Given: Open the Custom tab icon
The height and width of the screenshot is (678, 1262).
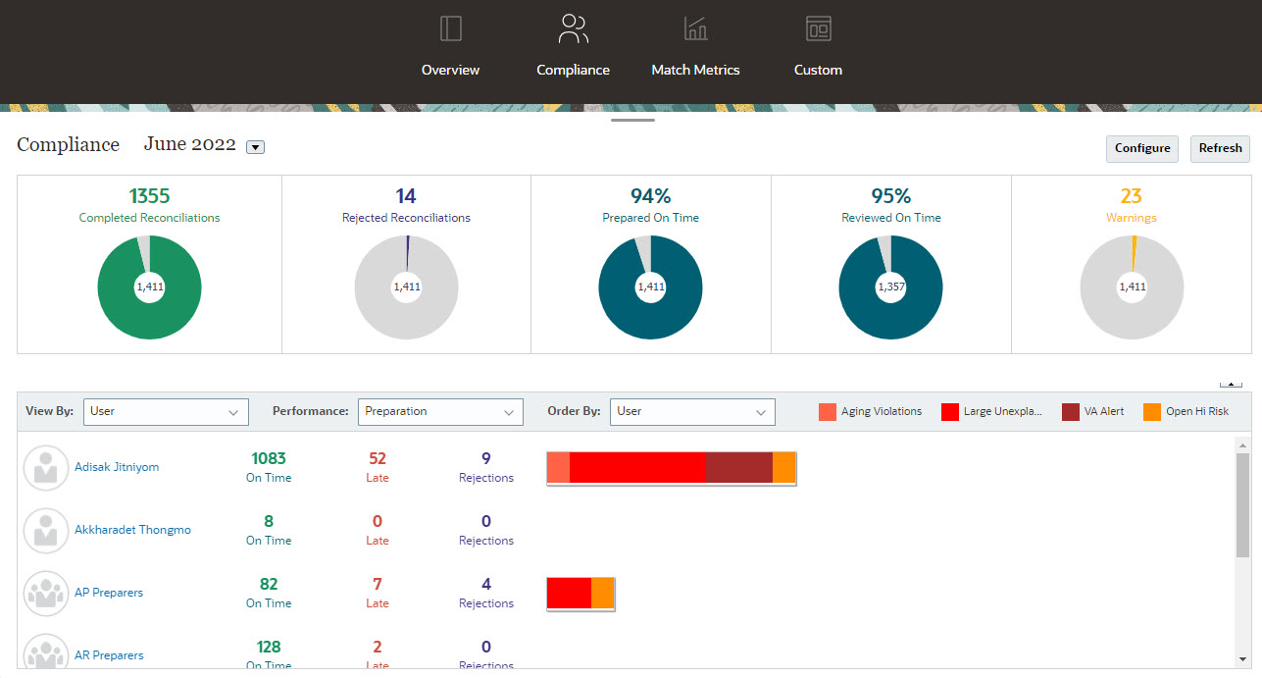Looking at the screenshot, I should click(x=818, y=29).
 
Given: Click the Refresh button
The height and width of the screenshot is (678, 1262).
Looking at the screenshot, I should click(x=1220, y=148).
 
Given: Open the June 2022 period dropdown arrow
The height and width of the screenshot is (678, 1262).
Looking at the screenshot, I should click(x=255, y=147).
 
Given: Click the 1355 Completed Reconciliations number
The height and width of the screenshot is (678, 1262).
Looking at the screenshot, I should click(x=149, y=196).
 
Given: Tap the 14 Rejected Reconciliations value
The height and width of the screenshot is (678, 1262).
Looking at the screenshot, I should click(x=406, y=196).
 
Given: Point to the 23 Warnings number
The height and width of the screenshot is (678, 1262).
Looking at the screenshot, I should click(x=1131, y=196).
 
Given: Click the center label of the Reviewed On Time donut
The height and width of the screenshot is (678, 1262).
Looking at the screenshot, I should click(x=890, y=287).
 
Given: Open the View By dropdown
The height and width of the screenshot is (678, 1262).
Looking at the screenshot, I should click(x=166, y=412).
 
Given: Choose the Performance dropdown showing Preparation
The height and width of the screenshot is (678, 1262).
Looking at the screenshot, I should click(x=439, y=412).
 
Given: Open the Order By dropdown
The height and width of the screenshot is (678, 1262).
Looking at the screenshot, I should click(x=691, y=412).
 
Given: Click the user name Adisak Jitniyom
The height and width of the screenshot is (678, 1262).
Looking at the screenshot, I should click(x=117, y=467).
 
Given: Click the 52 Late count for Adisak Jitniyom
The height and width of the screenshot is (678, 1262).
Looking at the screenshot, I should click(x=378, y=459).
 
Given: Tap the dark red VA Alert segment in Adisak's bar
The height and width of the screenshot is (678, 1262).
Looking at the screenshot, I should click(x=738, y=468).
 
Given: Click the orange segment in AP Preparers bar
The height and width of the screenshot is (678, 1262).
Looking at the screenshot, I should click(x=602, y=594).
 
